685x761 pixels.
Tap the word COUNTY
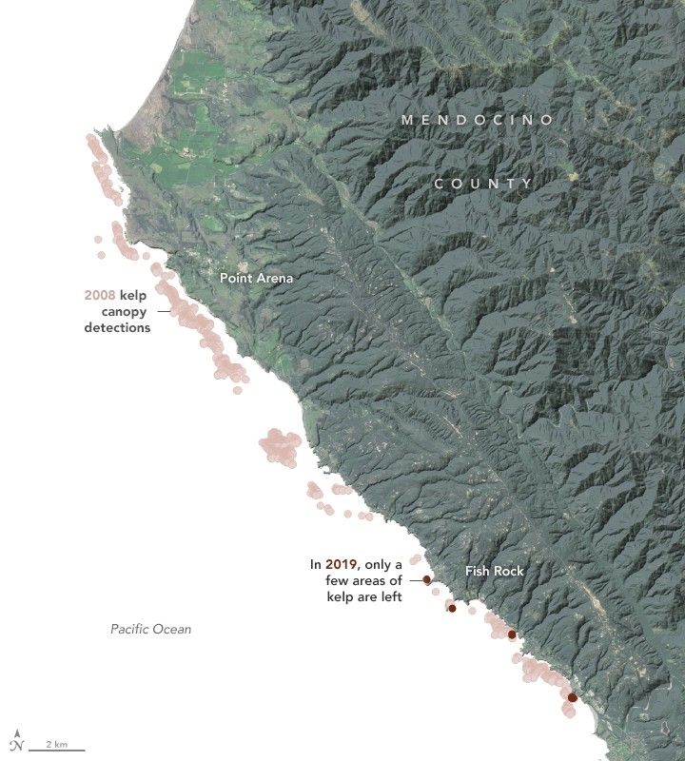(483, 183)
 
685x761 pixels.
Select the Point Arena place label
(256, 278)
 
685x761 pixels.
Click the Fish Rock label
(494, 571)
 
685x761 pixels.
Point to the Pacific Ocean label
(150, 629)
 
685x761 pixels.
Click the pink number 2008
(100, 296)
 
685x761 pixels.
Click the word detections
(116, 328)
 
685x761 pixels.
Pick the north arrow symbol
(16, 742)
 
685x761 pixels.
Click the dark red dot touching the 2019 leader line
(427, 578)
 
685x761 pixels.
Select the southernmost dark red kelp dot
(572, 698)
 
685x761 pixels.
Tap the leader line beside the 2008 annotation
(164, 311)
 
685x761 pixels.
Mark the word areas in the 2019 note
(371, 580)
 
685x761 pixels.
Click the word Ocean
(171, 629)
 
